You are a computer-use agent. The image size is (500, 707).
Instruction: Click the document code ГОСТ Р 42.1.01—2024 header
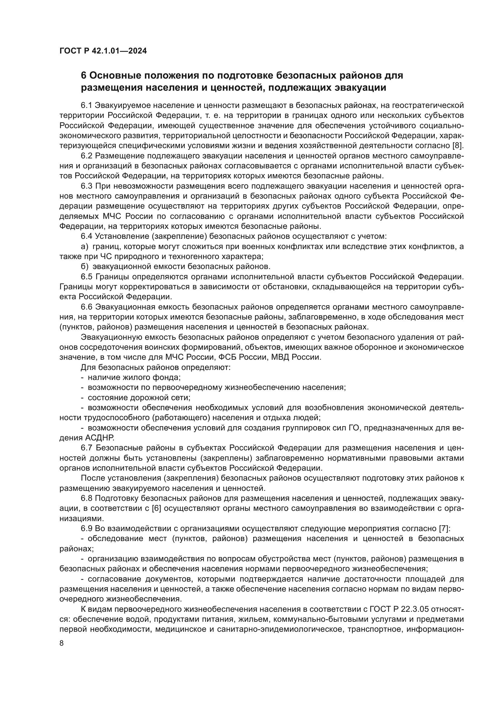103,51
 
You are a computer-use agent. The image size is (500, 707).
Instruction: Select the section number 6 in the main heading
83,76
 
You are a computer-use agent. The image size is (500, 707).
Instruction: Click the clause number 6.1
86,105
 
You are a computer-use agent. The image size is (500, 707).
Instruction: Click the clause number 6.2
86,156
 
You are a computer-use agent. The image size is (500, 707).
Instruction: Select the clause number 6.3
86,186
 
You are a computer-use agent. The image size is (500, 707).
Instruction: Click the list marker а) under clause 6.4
84,246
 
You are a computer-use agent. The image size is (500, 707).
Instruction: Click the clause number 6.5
86,277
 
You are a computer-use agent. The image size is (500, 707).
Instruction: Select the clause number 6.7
86,448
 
